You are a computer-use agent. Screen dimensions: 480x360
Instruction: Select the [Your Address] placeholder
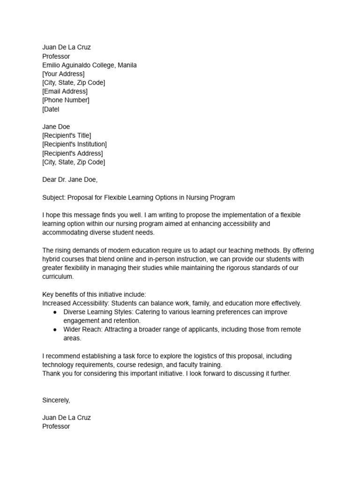63,74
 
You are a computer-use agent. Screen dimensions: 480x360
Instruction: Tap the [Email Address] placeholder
65,91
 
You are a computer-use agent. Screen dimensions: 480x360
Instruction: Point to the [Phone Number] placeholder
66,100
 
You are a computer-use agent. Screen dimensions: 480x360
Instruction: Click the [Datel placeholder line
51,109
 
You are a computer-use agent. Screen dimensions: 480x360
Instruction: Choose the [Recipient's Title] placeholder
67,135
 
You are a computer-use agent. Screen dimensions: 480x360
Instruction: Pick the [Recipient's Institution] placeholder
74,144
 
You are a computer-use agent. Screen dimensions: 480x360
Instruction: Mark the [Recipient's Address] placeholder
72,153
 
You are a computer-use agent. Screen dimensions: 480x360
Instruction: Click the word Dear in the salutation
49,180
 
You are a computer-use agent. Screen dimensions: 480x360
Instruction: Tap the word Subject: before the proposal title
55,197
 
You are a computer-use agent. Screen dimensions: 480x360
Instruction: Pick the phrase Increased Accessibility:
76,303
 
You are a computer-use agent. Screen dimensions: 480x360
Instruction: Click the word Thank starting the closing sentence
51,374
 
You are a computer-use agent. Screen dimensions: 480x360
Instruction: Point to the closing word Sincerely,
56,400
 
